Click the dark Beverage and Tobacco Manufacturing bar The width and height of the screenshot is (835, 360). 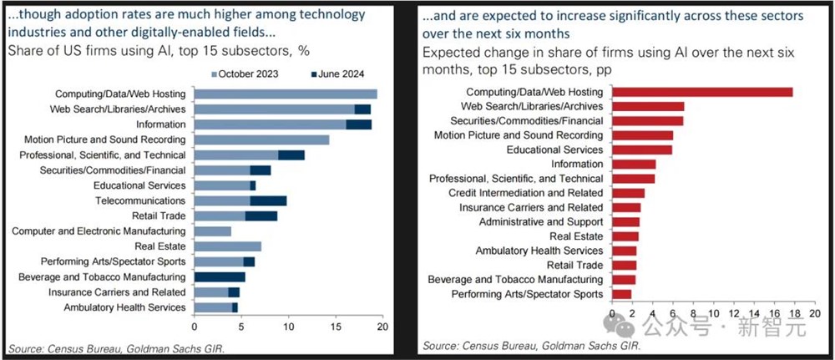pyautogui.click(x=219, y=276)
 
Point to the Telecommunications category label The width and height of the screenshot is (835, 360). pyautogui.click(x=139, y=200)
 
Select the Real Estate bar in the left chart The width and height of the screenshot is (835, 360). pyautogui.click(x=227, y=246)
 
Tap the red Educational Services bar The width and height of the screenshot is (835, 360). pyautogui.click(x=642, y=150)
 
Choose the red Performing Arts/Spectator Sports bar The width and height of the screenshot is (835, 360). pyautogui.click(x=622, y=294)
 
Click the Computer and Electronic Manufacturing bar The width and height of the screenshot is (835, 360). pyautogui.click(x=212, y=231)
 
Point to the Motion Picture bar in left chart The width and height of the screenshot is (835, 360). pyautogui.click(x=261, y=139)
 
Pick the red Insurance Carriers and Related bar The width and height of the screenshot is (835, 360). pyautogui.click(x=626, y=207)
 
